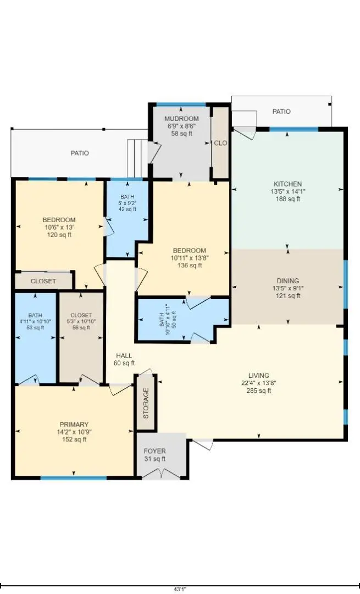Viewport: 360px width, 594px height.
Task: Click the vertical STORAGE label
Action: (x=146, y=403)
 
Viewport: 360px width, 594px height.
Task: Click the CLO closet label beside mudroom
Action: (x=220, y=143)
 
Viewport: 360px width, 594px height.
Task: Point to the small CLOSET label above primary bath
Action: (x=43, y=281)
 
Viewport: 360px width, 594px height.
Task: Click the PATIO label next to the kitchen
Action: (x=281, y=112)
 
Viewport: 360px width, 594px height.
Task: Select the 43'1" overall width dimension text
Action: (x=180, y=589)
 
